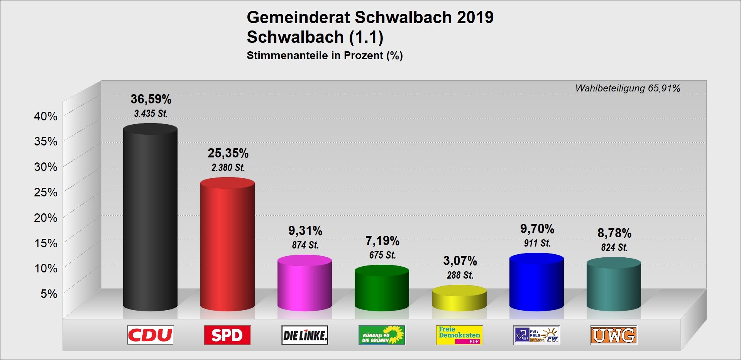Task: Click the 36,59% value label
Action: click(x=151, y=99)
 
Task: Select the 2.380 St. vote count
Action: click(x=228, y=167)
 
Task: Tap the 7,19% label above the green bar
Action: click(x=382, y=241)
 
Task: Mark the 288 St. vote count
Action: click(x=460, y=275)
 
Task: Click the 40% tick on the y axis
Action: click(x=46, y=116)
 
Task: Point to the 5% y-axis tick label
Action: click(x=49, y=294)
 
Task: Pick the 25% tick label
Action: click(x=46, y=192)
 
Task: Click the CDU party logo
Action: click(x=150, y=335)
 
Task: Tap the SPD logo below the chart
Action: click(x=227, y=335)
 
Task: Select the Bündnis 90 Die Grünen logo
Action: click(x=382, y=335)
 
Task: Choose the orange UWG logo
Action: click(x=614, y=335)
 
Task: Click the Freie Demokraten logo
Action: click(x=459, y=335)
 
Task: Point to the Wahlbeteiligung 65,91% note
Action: click(x=628, y=88)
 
